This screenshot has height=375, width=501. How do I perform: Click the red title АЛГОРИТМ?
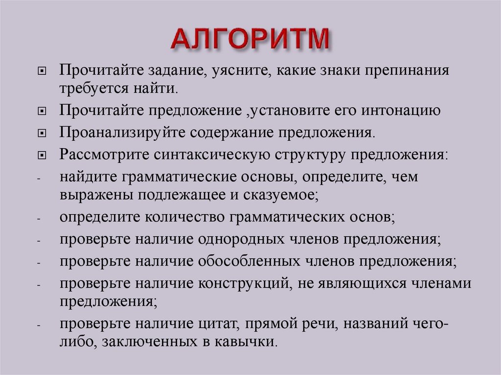250,39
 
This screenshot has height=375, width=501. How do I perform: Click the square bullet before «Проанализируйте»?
42,133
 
